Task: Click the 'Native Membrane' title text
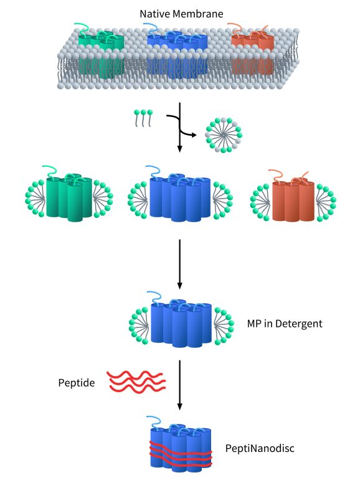[181, 14]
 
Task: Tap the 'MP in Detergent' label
[285, 324]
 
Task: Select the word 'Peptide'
[76, 383]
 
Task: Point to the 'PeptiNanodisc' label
[260, 448]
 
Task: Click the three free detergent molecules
[143, 118]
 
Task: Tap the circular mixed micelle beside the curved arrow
[224, 135]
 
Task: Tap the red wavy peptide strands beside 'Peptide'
[136, 382]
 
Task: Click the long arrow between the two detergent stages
[179, 264]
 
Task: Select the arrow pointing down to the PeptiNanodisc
[179, 385]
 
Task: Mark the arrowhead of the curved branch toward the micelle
[194, 135]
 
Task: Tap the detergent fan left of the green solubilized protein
[36, 199]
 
